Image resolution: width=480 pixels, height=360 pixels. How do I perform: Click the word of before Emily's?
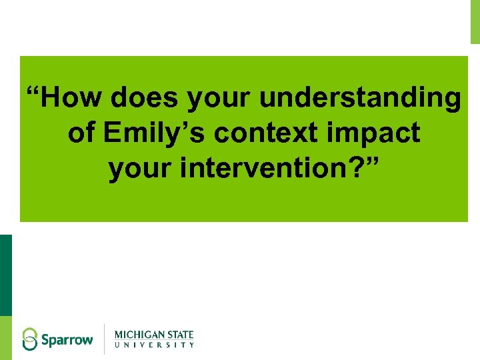[x=81, y=133]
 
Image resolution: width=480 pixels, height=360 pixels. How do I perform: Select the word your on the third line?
[x=142, y=169]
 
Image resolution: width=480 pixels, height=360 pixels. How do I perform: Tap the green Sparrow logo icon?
[x=30, y=339]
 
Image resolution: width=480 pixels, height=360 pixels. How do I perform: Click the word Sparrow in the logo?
[x=67, y=339]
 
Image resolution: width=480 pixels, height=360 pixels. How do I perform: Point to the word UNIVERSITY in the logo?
[x=154, y=345]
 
